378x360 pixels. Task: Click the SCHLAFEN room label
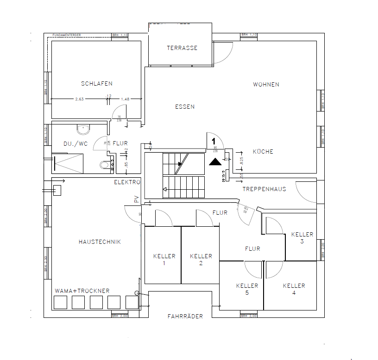pyautogui.click(x=97, y=84)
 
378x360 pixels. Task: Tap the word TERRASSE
pyautogui.click(x=182, y=48)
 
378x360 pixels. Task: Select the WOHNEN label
pyautogui.click(x=266, y=85)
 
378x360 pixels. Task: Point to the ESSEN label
pyautogui.click(x=185, y=107)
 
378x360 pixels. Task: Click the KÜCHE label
pyautogui.click(x=263, y=152)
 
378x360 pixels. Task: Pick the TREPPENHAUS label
pyautogui.click(x=264, y=189)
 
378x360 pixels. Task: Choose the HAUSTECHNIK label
pyautogui.click(x=100, y=242)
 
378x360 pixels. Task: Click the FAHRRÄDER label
pyautogui.click(x=185, y=317)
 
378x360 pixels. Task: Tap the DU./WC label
pyautogui.click(x=76, y=144)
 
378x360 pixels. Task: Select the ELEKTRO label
pyautogui.click(x=127, y=183)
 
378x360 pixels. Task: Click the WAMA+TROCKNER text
pyautogui.click(x=82, y=291)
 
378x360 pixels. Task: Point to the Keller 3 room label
pyautogui.click(x=302, y=238)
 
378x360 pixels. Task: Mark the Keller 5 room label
pyautogui.click(x=247, y=289)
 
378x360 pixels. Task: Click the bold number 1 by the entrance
pyautogui.click(x=214, y=140)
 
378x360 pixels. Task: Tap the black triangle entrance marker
pyautogui.click(x=215, y=161)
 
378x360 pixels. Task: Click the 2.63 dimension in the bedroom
pyautogui.click(x=79, y=99)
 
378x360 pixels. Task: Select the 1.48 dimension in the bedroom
pyautogui.click(x=125, y=99)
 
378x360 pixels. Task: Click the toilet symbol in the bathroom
pyautogui.click(x=104, y=165)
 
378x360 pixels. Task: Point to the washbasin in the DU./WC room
pyautogui.click(x=84, y=128)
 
